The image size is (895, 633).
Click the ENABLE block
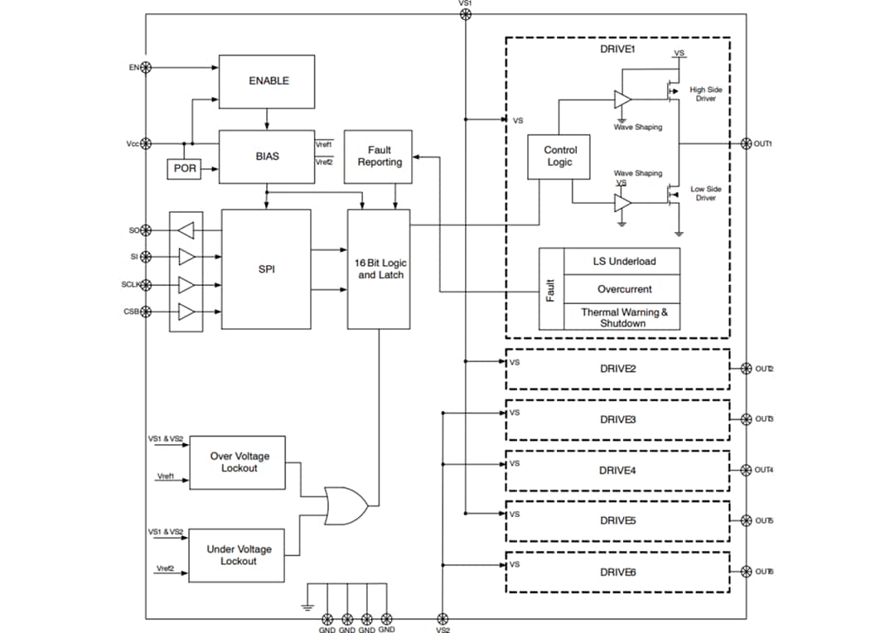point(267,81)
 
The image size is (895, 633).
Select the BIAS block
point(267,156)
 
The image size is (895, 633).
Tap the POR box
point(185,168)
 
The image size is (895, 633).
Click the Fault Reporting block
point(379,156)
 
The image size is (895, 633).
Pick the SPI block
point(267,268)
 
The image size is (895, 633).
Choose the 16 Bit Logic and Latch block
point(379,268)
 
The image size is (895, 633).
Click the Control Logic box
point(559,157)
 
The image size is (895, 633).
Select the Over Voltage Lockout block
point(238,462)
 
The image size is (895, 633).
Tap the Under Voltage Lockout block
point(238,555)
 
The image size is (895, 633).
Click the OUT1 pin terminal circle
point(745,143)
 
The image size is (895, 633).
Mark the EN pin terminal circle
point(146,67)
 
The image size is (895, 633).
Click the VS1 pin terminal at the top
point(465,14)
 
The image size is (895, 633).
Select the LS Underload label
point(623,261)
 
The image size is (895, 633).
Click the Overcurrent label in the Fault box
point(623,289)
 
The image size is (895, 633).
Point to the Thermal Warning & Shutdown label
point(623,317)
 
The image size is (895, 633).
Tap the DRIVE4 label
point(617,471)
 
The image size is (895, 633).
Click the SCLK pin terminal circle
point(146,285)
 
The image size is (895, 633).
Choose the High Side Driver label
point(705,94)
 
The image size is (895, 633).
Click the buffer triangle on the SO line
point(186,229)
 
